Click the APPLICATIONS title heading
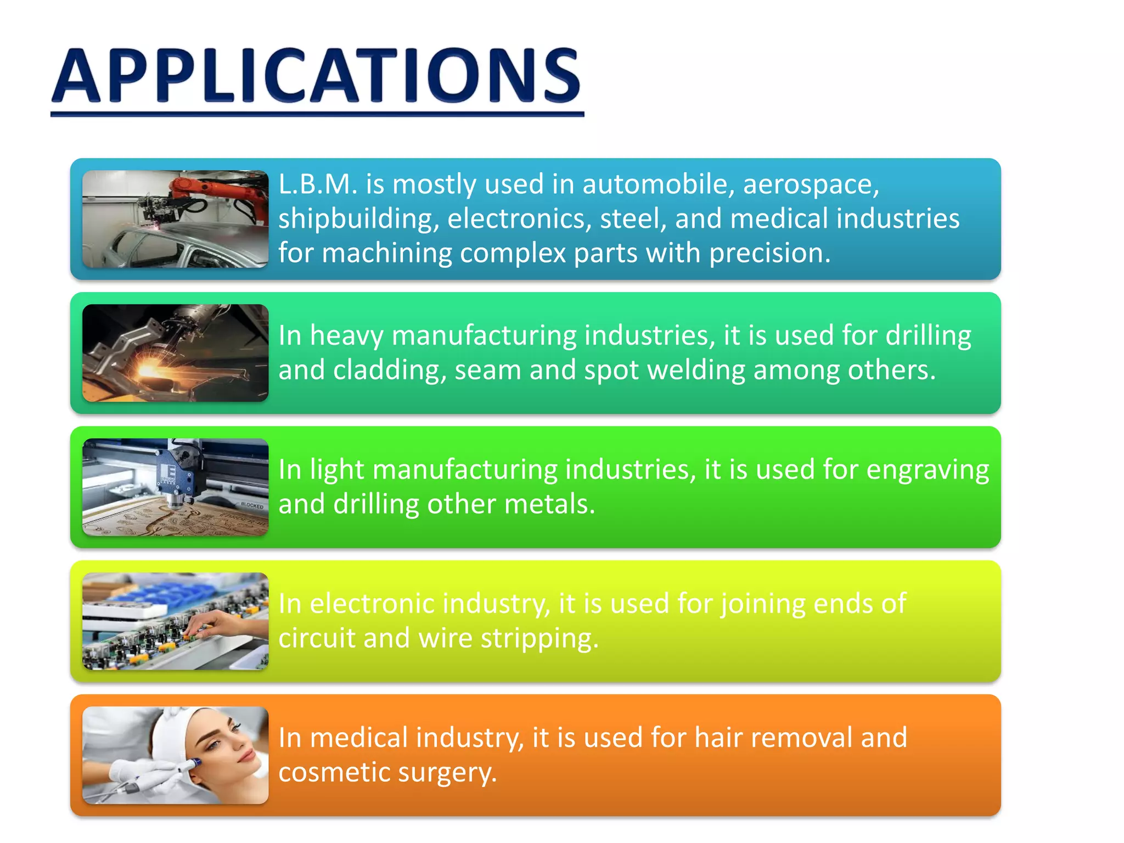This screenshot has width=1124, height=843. point(317,77)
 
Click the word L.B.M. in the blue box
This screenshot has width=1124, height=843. point(318,184)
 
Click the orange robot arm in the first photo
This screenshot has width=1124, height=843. point(220,189)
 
